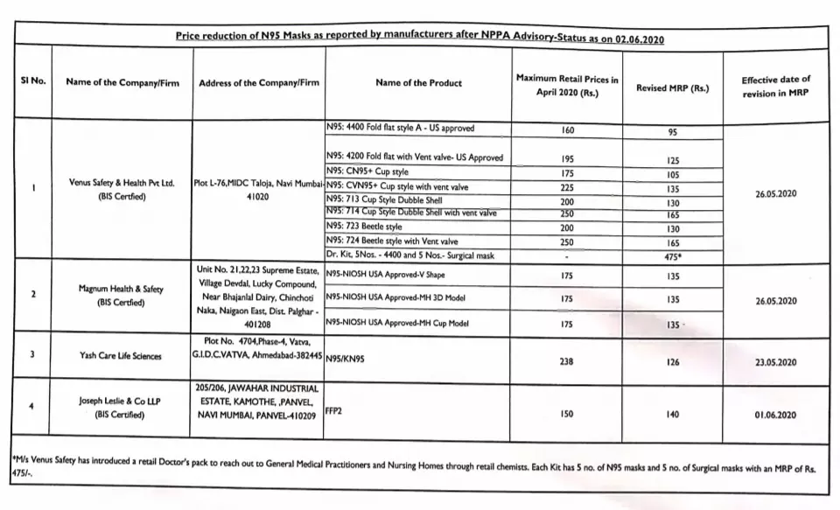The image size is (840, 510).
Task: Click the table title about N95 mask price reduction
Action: point(425,39)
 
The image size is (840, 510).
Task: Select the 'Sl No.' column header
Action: point(33,81)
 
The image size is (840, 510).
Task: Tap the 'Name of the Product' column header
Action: point(418,83)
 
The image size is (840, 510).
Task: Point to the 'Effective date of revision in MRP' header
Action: point(775,87)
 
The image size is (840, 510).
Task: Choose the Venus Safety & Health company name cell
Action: point(122,190)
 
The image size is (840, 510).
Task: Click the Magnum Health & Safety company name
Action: point(122,295)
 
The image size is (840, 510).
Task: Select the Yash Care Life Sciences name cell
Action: point(121,356)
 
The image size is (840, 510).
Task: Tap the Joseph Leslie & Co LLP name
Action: point(122,407)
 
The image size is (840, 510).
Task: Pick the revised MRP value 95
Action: point(672,133)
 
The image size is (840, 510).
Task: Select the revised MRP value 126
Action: point(672,361)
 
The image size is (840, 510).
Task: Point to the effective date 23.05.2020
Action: point(775,362)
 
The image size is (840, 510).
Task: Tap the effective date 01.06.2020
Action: point(775,414)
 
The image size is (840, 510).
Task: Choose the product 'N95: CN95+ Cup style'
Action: point(367,171)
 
